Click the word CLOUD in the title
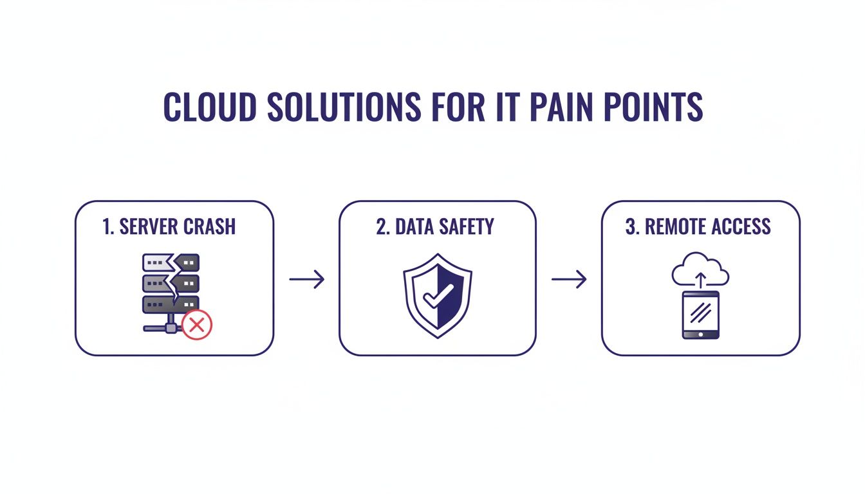210,107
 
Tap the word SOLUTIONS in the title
344,107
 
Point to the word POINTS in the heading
653,107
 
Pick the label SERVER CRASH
178,226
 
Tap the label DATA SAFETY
445,226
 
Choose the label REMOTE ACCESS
708,226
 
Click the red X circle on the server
197,325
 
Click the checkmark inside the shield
438,296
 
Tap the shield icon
438,296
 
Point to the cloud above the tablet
700,270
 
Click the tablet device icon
700,315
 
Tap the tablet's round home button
700,334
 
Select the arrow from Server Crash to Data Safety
307,279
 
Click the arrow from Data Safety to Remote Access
569,279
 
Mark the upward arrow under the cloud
700,280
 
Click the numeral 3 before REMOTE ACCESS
630,226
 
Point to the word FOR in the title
458,107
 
